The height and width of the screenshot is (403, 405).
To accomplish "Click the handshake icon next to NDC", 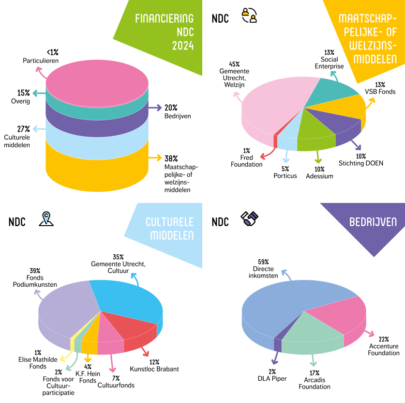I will click(x=250, y=219).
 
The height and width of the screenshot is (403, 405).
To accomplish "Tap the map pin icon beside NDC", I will click(x=46, y=219).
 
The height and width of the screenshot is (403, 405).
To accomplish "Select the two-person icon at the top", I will click(x=250, y=16).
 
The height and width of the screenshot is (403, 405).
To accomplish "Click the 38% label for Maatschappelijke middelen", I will click(x=171, y=158).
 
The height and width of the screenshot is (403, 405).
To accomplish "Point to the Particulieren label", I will click(x=41, y=61).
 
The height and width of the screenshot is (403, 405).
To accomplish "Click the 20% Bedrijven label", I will click(x=171, y=108).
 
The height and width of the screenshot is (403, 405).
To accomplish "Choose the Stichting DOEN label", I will click(x=360, y=163).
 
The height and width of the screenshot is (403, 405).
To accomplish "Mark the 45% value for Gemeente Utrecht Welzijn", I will click(x=234, y=64).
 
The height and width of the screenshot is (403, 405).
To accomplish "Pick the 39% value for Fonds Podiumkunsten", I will click(x=35, y=270).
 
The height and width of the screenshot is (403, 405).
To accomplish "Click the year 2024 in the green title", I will click(x=182, y=46).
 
